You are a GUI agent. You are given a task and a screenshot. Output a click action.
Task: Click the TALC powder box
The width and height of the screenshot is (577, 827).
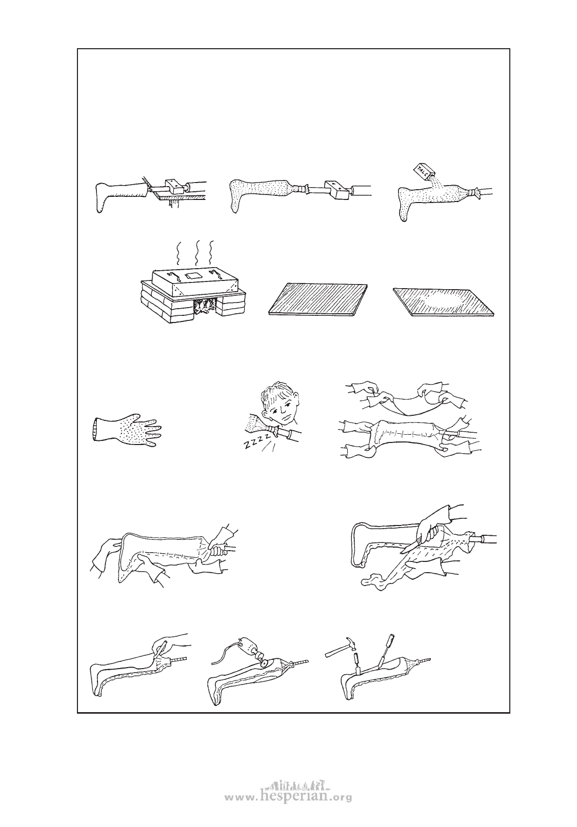[422, 170]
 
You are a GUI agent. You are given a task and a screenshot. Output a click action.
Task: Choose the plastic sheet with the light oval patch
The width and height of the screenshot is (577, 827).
[443, 301]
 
